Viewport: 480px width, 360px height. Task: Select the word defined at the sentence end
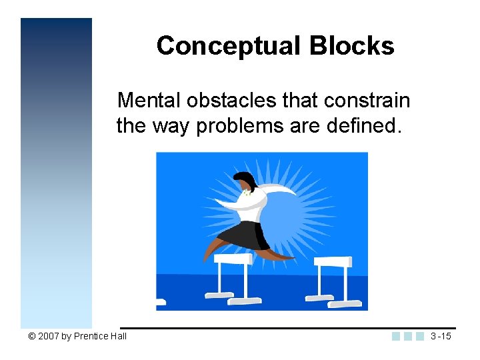(366, 125)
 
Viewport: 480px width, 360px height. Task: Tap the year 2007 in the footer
(48, 336)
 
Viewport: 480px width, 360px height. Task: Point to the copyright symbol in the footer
(31, 336)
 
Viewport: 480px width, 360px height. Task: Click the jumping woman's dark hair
(245, 180)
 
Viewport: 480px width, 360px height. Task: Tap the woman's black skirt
(247, 235)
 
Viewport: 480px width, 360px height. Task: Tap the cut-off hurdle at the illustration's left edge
(160, 302)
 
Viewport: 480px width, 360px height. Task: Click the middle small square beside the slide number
(408, 336)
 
